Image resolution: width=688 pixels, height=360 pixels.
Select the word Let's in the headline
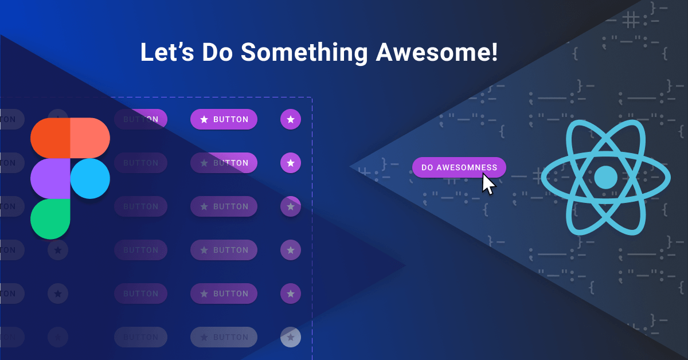click(x=166, y=53)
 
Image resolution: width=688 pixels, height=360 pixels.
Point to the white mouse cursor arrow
click(x=487, y=185)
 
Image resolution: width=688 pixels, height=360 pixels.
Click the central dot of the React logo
click(x=605, y=178)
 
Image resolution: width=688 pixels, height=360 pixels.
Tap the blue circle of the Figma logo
click(x=90, y=178)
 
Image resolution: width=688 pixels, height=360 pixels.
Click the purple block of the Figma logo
click(x=50, y=178)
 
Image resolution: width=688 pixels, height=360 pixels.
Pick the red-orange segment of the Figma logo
click(x=50, y=138)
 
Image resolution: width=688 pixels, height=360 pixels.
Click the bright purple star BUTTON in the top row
click(x=224, y=119)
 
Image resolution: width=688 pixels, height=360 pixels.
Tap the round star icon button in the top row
click(x=291, y=119)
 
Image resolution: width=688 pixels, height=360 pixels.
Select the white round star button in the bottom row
click(x=291, y=336)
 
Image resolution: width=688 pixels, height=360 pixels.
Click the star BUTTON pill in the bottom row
click(x=224, y=336)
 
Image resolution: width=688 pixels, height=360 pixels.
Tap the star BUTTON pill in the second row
click(x=224, y=163)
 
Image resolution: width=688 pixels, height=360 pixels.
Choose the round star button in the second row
click(x=291, y=163)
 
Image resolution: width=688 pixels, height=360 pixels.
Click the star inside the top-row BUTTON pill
click(x=204, y=119)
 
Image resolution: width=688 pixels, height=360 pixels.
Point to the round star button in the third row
click(x=291, y=206)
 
